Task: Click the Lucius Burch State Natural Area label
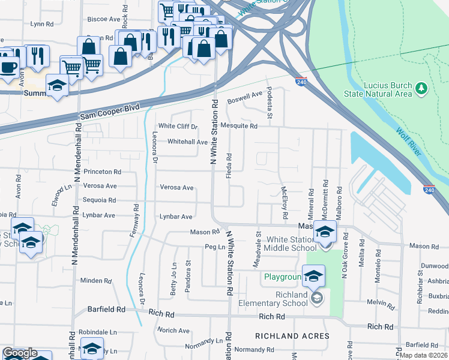tap(378, 89)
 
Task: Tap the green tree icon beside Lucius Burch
tap(421, 89)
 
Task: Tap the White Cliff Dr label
tap(178, 126)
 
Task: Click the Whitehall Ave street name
tap(187, 142)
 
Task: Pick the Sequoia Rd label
tap(100, 200)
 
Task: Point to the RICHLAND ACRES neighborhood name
tap(292, 335)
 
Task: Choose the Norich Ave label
tap(173, 331)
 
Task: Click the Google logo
tap(20, 353)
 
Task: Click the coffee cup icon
tap(8, 66)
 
